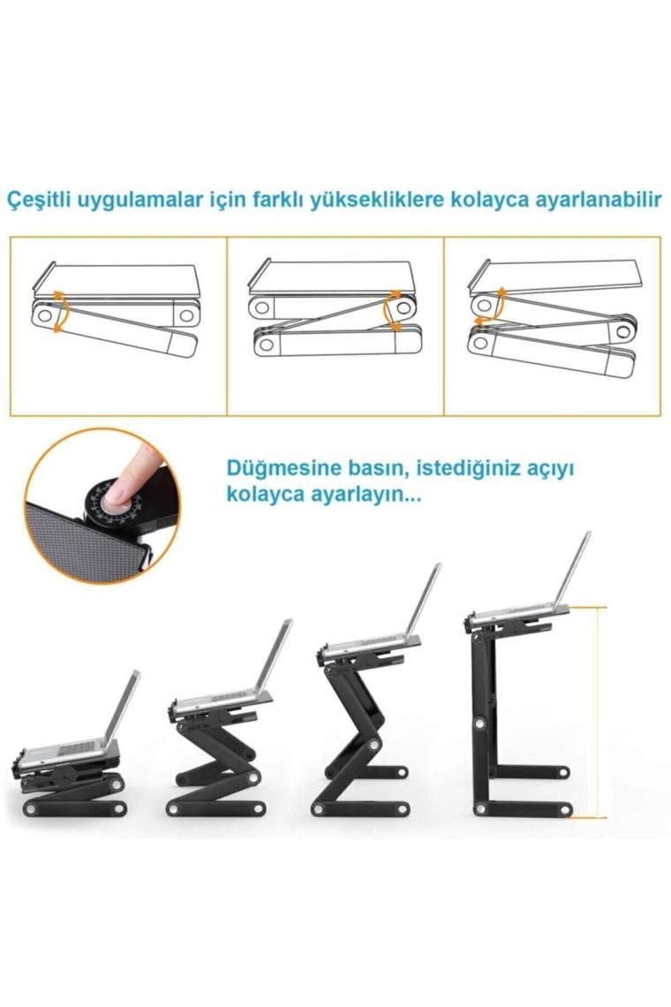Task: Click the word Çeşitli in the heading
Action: point(39,199)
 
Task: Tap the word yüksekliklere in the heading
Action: point(377,200)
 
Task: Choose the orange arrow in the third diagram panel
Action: point(498,307)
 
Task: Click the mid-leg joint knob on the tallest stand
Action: point(479,723)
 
